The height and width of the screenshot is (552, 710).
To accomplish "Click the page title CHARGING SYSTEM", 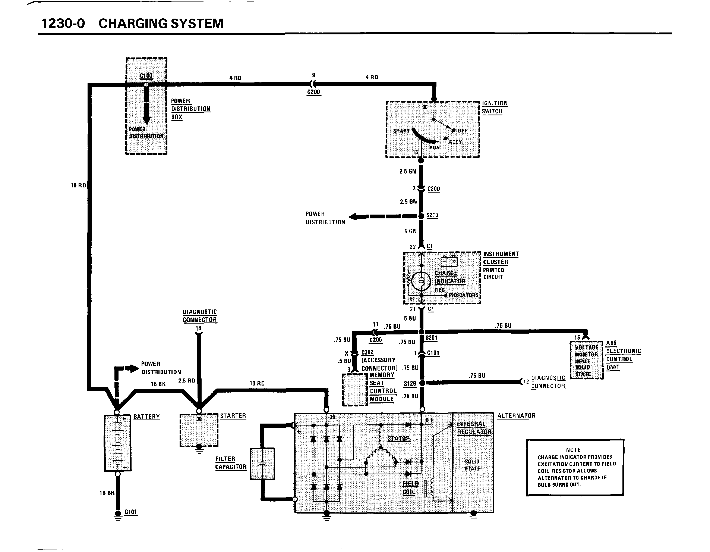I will (x=161, y=24).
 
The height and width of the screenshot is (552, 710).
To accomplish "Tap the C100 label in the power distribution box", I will (x=146, y=76).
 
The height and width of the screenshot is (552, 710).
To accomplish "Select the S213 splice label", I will (x=432, y=215).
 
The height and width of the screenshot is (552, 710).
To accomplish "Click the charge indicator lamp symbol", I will (x=421, y=281).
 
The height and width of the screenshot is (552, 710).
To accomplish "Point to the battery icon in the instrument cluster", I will (x=449, y=261).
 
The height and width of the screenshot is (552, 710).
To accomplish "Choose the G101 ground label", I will (x=131, y=512).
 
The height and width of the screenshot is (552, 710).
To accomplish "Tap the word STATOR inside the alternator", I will (x=399, y=439).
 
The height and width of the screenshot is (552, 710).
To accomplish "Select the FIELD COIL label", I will (x=410, y=488).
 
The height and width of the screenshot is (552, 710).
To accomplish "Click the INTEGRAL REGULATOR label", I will (x=474, y=428).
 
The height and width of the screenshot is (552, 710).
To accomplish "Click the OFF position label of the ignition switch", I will (x=462, y=131).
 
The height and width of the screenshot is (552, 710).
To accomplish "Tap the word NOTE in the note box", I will (x=573, y=450).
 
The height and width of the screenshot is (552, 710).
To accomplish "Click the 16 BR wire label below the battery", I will (x=107, y=493).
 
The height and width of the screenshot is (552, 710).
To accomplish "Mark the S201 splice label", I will (x=431, y=338).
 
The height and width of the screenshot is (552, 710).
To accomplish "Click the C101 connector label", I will (x=433, y=353).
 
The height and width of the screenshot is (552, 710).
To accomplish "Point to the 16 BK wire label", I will (x=158, y=384).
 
